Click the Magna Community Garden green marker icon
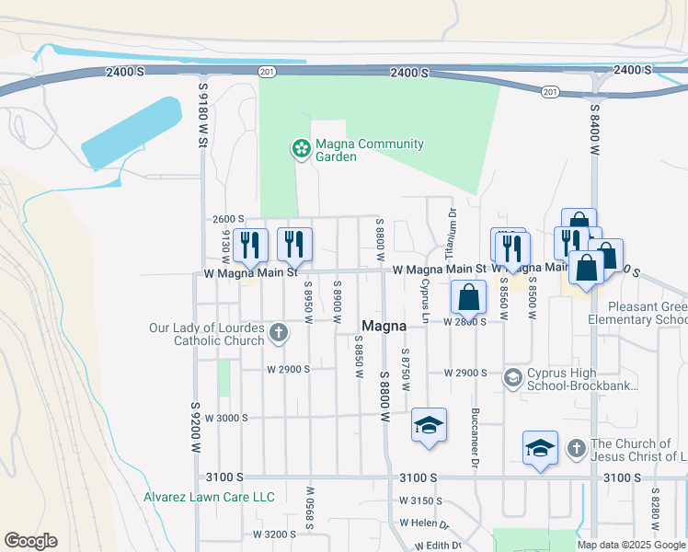click(300, 149)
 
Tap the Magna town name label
click(384, 326)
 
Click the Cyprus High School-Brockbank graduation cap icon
click(513, 378)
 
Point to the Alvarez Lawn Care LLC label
click(209, 497)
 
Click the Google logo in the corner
click(30, 541)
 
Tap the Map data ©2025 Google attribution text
click(630, 545)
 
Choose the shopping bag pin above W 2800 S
click(468, 298)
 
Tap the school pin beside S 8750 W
click(429, 425)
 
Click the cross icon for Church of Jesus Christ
click(576, 449)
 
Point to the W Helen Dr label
click(423, 523)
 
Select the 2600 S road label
click(227, 219)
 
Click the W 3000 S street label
click(227, 418)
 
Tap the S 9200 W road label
click(196, 426)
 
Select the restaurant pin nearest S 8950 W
click(294, 245)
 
